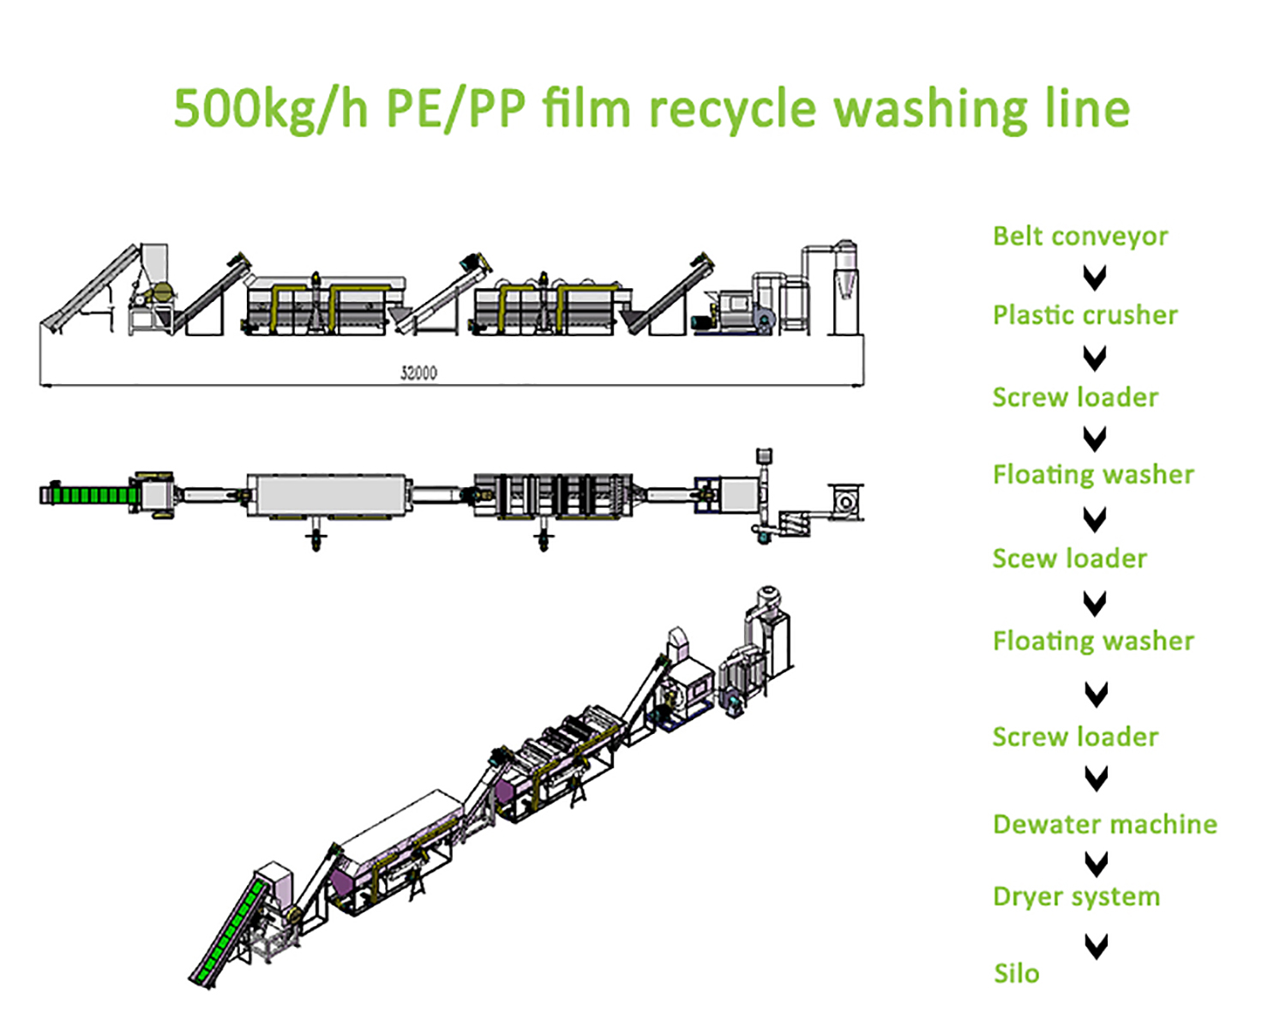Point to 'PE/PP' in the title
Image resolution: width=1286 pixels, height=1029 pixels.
coord(454,110)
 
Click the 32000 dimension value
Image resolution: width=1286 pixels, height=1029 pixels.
coord(418,373)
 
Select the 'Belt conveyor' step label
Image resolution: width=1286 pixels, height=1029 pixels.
coord(1080,237)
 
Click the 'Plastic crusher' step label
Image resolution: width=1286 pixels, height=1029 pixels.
coord(1085,316)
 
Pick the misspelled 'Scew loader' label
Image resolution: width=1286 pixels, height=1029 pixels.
coord(1069,559)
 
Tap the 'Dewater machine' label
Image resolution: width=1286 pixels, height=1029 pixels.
coord(1104,824)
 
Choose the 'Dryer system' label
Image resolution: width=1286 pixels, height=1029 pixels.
coord(1076,897)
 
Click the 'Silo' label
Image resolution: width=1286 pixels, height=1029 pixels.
coord(1016,973)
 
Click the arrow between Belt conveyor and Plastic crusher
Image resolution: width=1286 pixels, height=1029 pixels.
coord(1095,277)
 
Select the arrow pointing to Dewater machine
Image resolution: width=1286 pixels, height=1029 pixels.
coord(1096,778)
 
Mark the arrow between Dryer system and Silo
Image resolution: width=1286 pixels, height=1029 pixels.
coord(1096,946)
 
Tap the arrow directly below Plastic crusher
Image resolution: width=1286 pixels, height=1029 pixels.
coord(1095,357)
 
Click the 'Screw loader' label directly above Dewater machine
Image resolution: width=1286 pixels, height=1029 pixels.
coord(1075,737)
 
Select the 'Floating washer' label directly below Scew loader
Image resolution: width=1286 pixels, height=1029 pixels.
coord(1093,641)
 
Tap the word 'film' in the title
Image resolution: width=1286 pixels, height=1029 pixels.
coord(586,110)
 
